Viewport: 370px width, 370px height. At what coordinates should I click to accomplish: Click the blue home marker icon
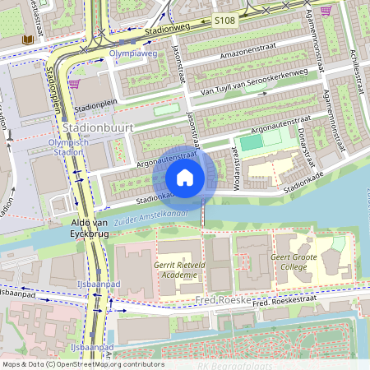(185, 178)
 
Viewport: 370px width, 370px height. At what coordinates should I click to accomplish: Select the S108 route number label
(224, 19)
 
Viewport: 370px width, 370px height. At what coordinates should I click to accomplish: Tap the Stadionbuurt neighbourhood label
(95, 128)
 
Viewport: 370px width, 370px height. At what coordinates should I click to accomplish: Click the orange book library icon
(29, 39)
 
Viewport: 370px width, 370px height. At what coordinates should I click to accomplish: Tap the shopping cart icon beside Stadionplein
(75, 84)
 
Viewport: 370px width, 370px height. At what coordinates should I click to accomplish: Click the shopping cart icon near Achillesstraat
(326, 11)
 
